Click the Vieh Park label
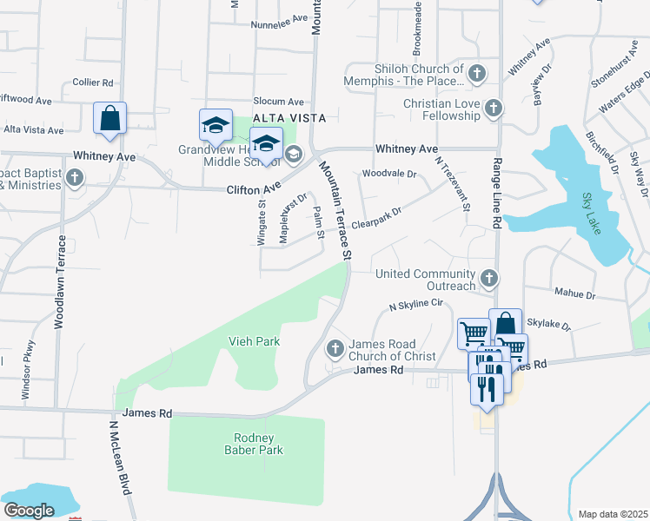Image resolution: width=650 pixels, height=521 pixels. click(254, 341)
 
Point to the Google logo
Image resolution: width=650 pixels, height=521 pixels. click(28, 511)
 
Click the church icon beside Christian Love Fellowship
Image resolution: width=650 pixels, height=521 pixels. click(494, 109)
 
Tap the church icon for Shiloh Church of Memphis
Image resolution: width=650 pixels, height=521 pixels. click(476, 75)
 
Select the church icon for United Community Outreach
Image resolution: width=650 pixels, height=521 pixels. click(489, 279)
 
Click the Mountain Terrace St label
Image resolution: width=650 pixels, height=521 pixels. click(334, 209)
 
